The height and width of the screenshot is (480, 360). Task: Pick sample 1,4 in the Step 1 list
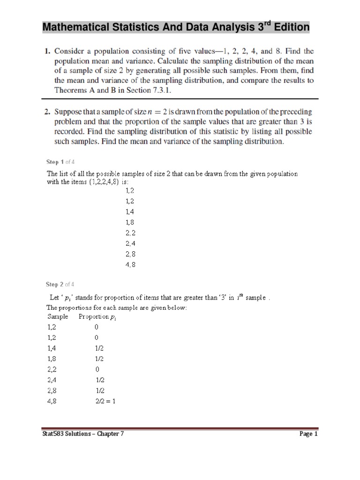pyautogui.click(x=130, y=211)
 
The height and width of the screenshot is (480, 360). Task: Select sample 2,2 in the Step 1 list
pyautogui.click(x=130, y=232)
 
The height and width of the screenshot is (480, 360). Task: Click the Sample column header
pyautogui.click(x=57, y=316)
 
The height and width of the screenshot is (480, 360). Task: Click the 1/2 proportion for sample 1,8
pyautogui.click(x=99, y=359)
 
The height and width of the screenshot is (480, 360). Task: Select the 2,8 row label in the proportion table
pyautogui.click(x=52, y=390)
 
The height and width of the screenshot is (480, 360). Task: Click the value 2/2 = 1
pyautogui.click(x=105, y=401)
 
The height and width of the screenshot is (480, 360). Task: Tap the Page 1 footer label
pyautogui.click(x=308, y=434)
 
